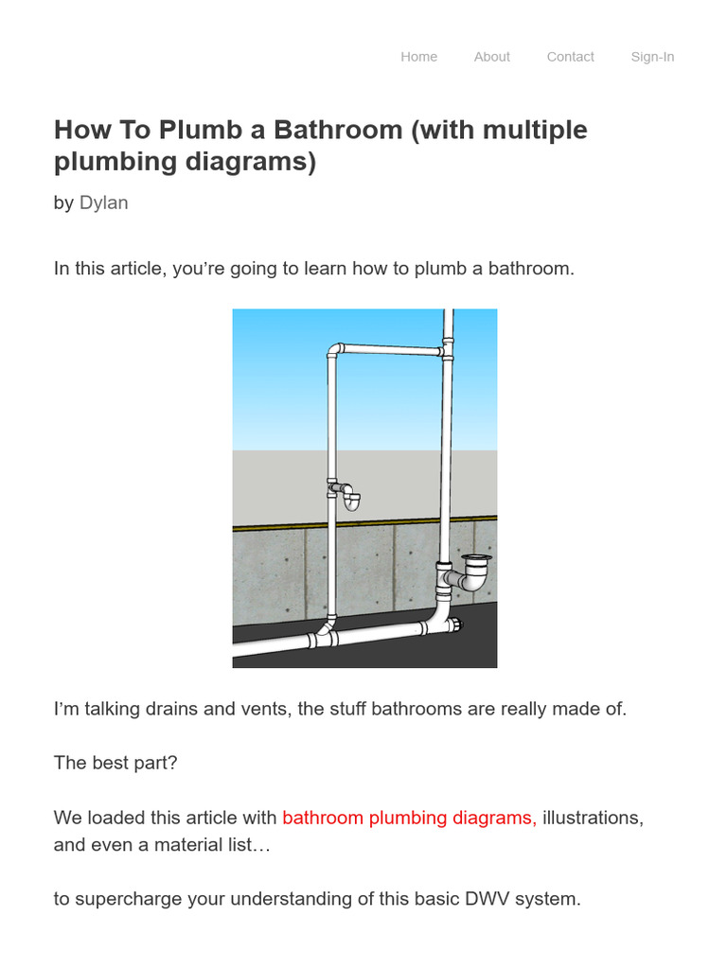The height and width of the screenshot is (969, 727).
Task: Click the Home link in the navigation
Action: pyautogui.click(x=418, y=57)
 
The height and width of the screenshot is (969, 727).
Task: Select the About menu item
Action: pyautogui.click(x=491, y=57)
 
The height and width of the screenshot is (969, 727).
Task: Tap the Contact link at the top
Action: pyautogui.click(x=570, y=57)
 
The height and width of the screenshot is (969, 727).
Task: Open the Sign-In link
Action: pyautogui.click(x=652, y=57)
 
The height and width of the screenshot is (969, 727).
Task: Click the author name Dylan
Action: pyautogui.click(x=103, y=203)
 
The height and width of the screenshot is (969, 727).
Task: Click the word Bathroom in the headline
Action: pyautogui.click(x=334, y=130)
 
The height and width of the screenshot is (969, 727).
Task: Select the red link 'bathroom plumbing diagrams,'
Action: pyautogui.click(x=409, y=818)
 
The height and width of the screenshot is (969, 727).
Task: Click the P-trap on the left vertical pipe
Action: pyautogui.click(x=348, y=497)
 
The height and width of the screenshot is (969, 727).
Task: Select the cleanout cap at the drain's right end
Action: pyautogui.click(x=458, y=626)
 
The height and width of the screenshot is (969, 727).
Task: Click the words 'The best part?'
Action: pyautogui.click(x=115, y=763)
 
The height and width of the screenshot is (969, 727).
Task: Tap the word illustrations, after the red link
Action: pyautogui.click(x=593, y=818)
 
